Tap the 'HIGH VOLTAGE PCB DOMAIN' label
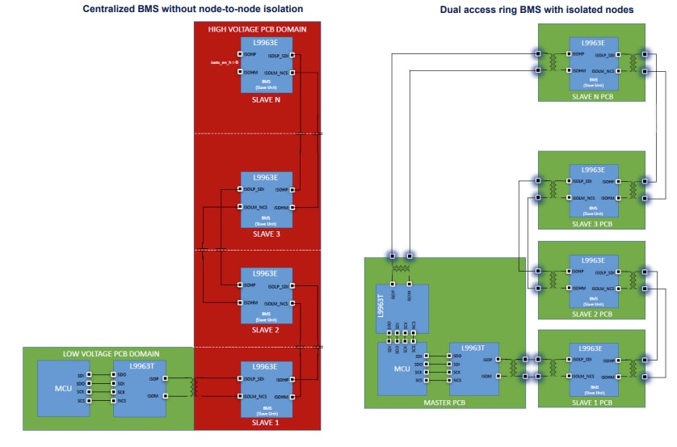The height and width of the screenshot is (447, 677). coord(258,29)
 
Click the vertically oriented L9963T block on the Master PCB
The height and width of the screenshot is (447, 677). coord(402,309)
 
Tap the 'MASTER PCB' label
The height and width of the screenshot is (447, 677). coord(442,401)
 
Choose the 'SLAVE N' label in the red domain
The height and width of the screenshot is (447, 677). coord(266,101)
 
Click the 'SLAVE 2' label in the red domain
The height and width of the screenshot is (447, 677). coord(266,329)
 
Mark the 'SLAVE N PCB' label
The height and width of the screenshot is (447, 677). coord(593,96)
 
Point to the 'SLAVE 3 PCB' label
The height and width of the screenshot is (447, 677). coord(593,222)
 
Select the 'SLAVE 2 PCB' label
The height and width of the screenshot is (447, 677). coord(593,313)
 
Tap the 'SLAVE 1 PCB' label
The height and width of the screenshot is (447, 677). coord(593,402)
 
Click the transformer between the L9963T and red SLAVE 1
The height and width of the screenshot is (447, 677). coord(193,386)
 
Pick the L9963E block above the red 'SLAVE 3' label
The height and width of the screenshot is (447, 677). coord(266,198)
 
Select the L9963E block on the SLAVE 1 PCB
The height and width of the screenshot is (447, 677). coord(593,369)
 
